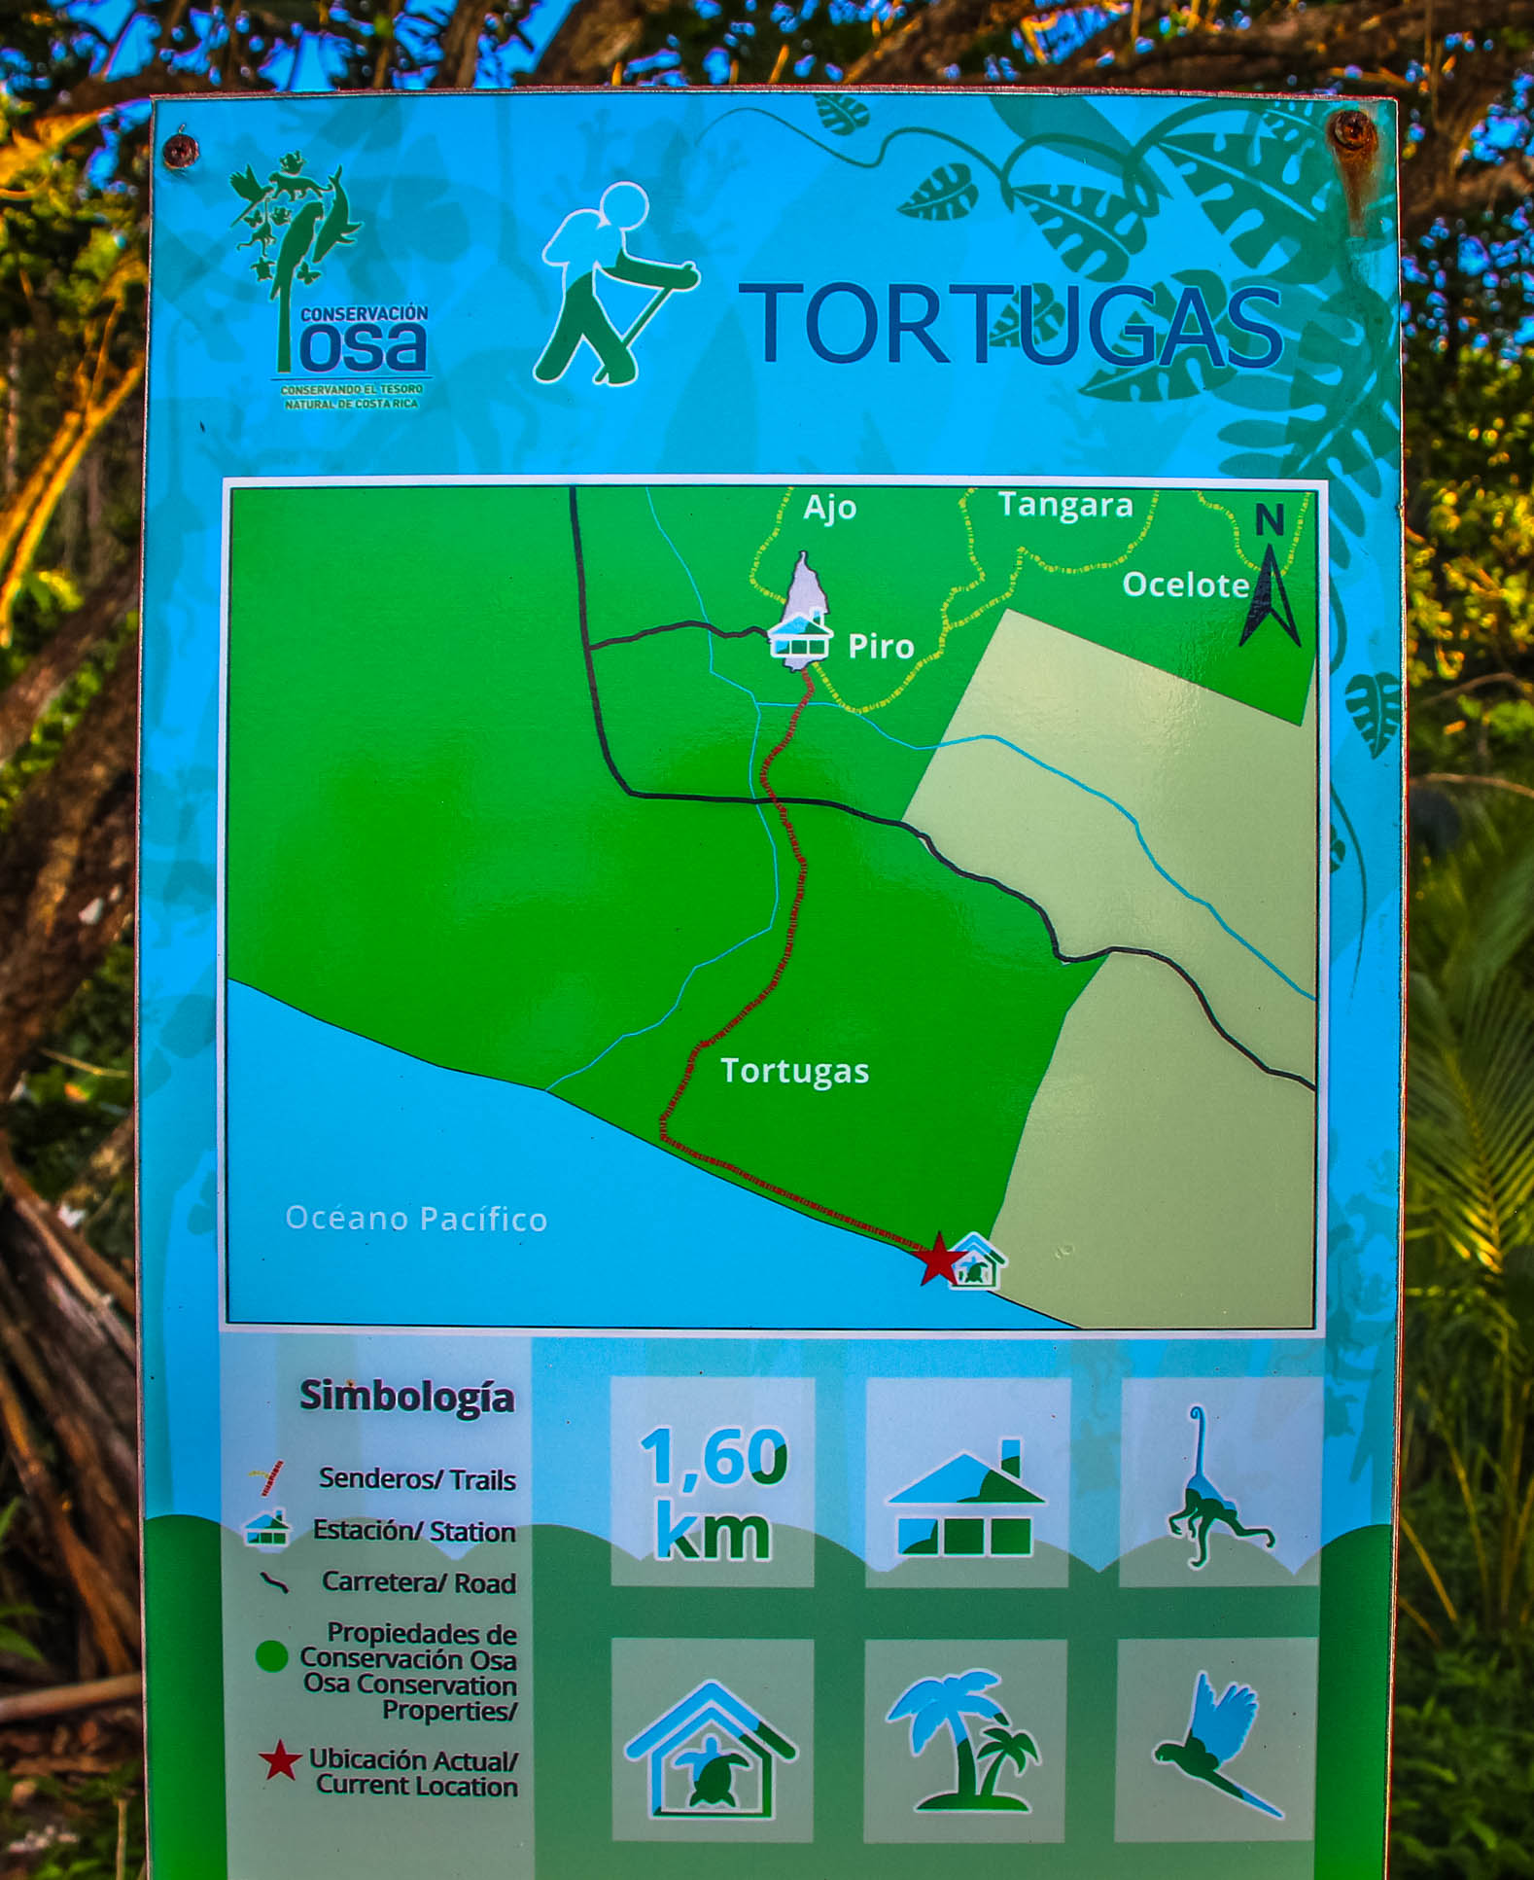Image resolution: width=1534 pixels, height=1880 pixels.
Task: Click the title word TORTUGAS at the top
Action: (x=1011, y=325)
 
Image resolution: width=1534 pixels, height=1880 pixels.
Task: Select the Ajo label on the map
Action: (x=829, y=508)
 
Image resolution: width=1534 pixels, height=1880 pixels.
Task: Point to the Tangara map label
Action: (x=1065, y=506)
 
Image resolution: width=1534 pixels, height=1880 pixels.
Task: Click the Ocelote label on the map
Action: (x=1185, y=585)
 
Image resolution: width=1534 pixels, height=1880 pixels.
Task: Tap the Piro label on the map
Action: (x=881, y=646)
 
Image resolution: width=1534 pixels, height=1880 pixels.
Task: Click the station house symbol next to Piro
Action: (x=800, y=637)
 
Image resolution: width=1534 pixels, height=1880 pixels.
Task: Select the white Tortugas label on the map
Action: (x=794, y=1071)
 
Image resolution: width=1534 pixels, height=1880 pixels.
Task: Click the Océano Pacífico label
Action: (x=416, y=1219)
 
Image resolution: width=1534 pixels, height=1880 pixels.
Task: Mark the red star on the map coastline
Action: (x=939, y=1259)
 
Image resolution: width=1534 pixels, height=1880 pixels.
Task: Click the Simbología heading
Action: (x=406, y=1397)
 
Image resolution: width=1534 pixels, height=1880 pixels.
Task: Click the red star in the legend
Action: (x=280, y=1760)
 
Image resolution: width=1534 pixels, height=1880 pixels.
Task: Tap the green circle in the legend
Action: (x=271, y=1655)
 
